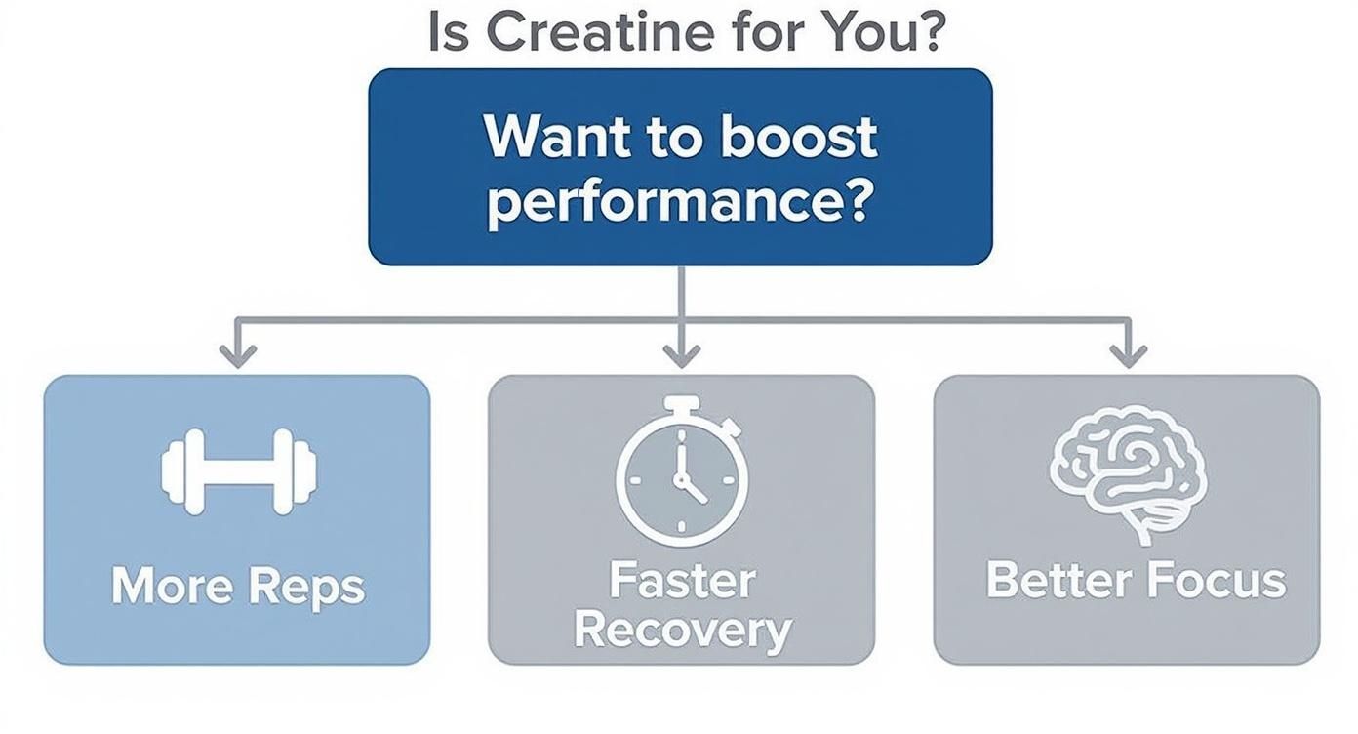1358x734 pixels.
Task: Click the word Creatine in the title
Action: (x=596, y=32)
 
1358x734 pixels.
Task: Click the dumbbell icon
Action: (x=238, y=471)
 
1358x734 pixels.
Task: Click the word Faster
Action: (x=681, y=581)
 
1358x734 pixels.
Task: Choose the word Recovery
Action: (x=681, y=631)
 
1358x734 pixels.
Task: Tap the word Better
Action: (x=1057, y=579)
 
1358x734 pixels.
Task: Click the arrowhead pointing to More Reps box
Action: (x=235, y=355)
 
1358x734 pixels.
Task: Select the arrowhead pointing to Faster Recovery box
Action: (x=681, y=355)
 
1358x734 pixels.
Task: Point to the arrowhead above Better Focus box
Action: (x=1128, y=355)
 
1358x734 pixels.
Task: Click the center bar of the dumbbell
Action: (x=238, y=471)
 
